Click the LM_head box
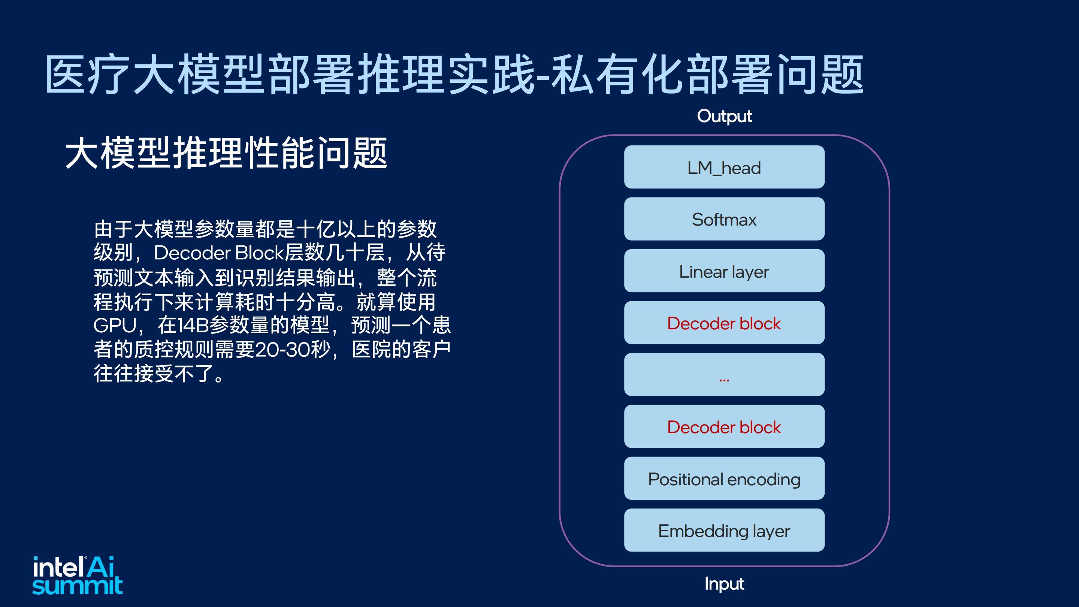coord(724,167)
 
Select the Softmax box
coord(724,219)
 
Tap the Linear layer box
coord(724,271)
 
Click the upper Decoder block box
coord(724,323)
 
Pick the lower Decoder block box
coord(724,426)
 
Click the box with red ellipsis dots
coord(724,375)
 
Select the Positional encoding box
coord(724,478)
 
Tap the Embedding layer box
coord(724,530)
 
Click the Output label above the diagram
coord(724,117)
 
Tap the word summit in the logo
coord(78,586)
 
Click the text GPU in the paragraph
coord(114,326)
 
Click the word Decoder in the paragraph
coord(192,253)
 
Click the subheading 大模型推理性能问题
coord(226,153)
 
